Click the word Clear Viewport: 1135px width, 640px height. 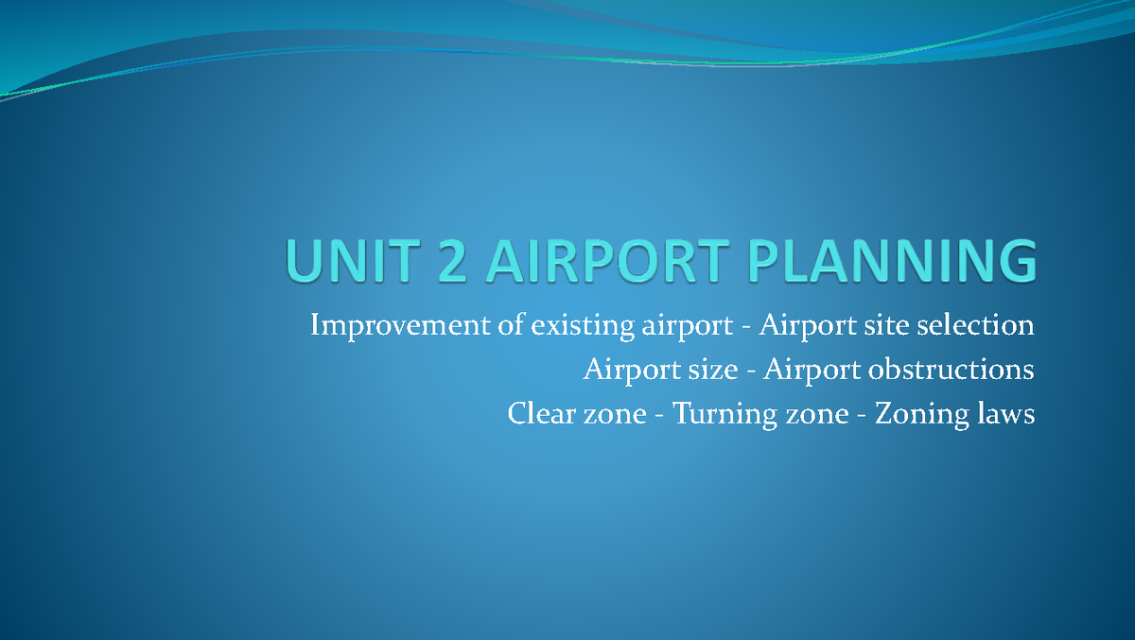click(x=542, y=414)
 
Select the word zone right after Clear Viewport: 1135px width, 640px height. click(x=615, y=415)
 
